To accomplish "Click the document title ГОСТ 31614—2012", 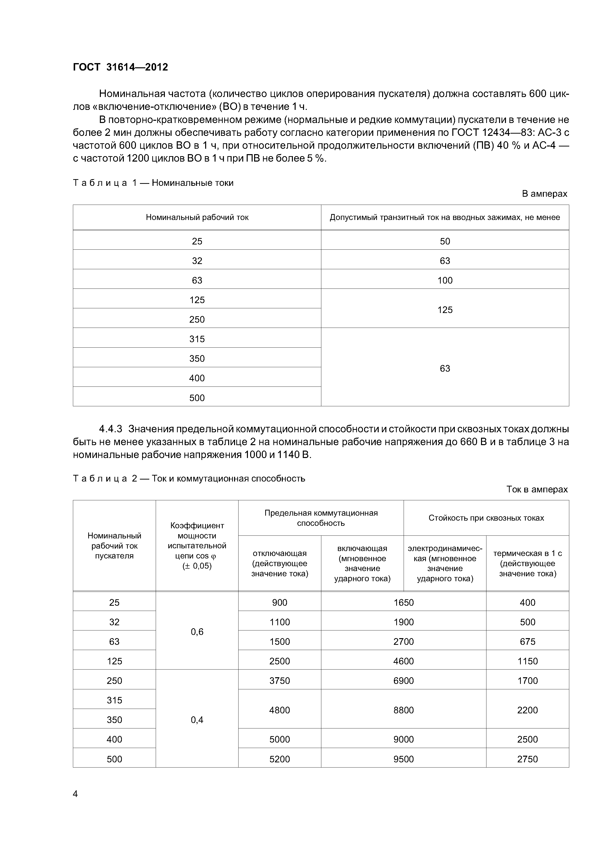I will click(x=120, y=67).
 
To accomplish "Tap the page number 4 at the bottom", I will click(x=75, y=794).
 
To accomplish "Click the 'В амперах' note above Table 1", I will click(x=544, y=194).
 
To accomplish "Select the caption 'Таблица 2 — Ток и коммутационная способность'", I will click(x=189, y=479).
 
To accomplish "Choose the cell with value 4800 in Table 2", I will click(x=280, y=710).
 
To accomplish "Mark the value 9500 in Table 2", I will click(x=403, y=759).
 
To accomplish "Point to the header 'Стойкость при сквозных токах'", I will click(x=486, y=518).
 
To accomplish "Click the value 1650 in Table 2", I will click(x=403, y=603).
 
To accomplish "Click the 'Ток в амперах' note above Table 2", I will click(x=537, y=490).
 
